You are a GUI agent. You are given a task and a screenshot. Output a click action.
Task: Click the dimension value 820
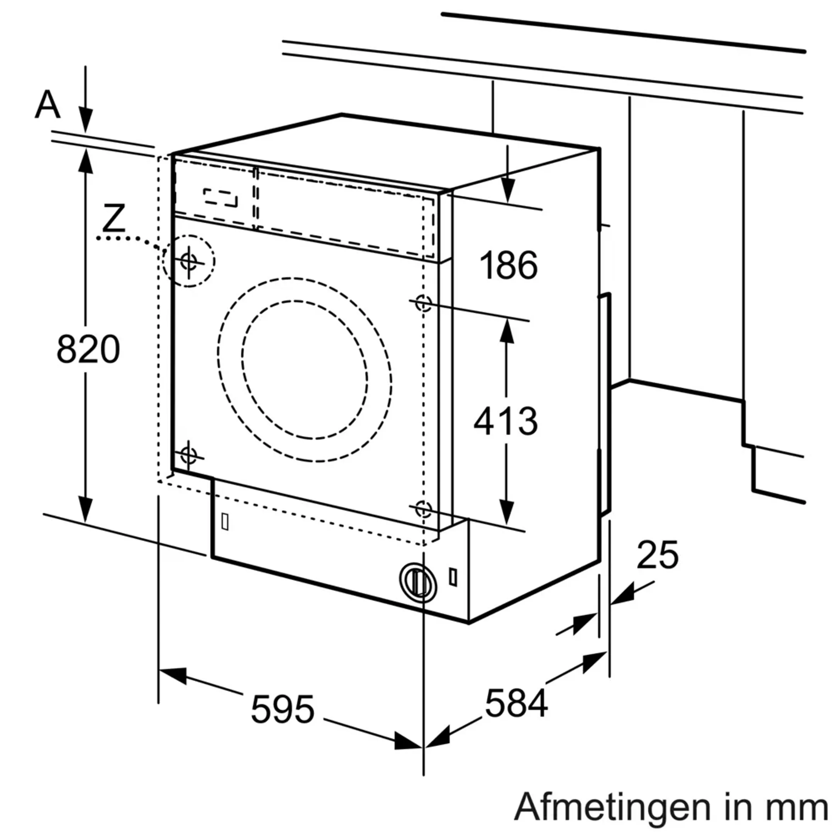pos(88,349)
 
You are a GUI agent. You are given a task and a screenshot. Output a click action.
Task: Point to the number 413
pos(505,421)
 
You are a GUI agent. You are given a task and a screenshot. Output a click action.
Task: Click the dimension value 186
pos(509,265)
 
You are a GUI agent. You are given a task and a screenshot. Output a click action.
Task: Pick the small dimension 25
pos(658,555)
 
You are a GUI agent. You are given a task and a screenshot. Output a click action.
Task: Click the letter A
pos(47,105)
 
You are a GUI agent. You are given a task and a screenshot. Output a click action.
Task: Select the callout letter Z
pos(114,218)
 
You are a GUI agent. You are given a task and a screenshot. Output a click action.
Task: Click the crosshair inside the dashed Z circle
pos(189,261)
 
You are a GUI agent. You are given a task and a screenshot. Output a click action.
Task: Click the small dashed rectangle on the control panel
pos(220,198)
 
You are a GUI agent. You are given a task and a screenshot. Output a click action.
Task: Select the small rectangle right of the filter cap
pos(453,577)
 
